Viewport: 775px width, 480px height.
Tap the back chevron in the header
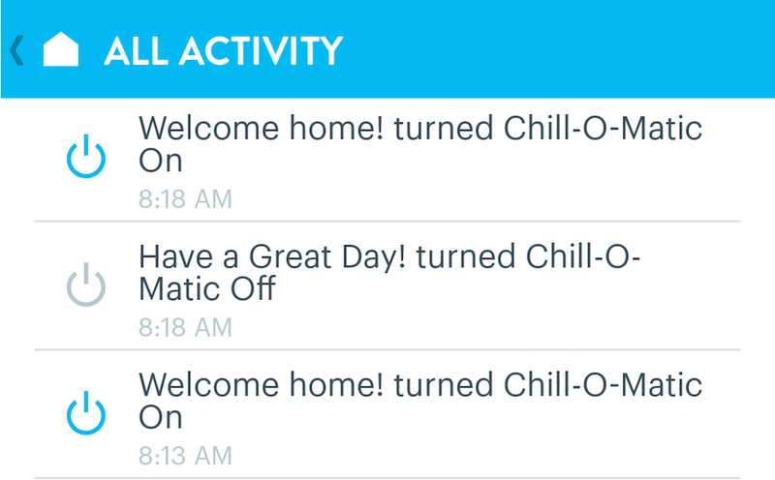pyautogui.click(x=16, y=50)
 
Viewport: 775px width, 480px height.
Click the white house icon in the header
pyautogui.click(x=61, y=49)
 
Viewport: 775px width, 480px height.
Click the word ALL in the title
pyautogui.click(x=136, y=50)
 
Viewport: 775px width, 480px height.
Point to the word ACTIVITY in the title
pyautogui.click(x=261, y=50)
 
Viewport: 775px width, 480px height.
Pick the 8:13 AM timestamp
pyautogui.click(x=185, y=456)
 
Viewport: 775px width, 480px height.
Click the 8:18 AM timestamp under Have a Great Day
pyautogui.click(x=185, y=327)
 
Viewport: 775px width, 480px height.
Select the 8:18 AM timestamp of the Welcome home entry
pyautogui.click(x=185, y=199)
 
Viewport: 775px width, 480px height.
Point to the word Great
pyautogui.click(x=290, y=256)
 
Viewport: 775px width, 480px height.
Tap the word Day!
pyautogui.click(x=374, y=257)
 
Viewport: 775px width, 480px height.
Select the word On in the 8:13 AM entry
pyautogui.click(x=161, y=417)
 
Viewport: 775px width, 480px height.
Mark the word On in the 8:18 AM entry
pyautogui.click(x=161, y=161)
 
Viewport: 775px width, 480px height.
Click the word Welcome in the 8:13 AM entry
pyautogui.click(x=209, y=385)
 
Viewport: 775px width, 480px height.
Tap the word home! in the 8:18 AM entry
pyautogui.click(x=336, y=129)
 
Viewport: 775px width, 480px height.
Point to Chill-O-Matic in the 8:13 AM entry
pyautogui.click(x=603, y=385)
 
